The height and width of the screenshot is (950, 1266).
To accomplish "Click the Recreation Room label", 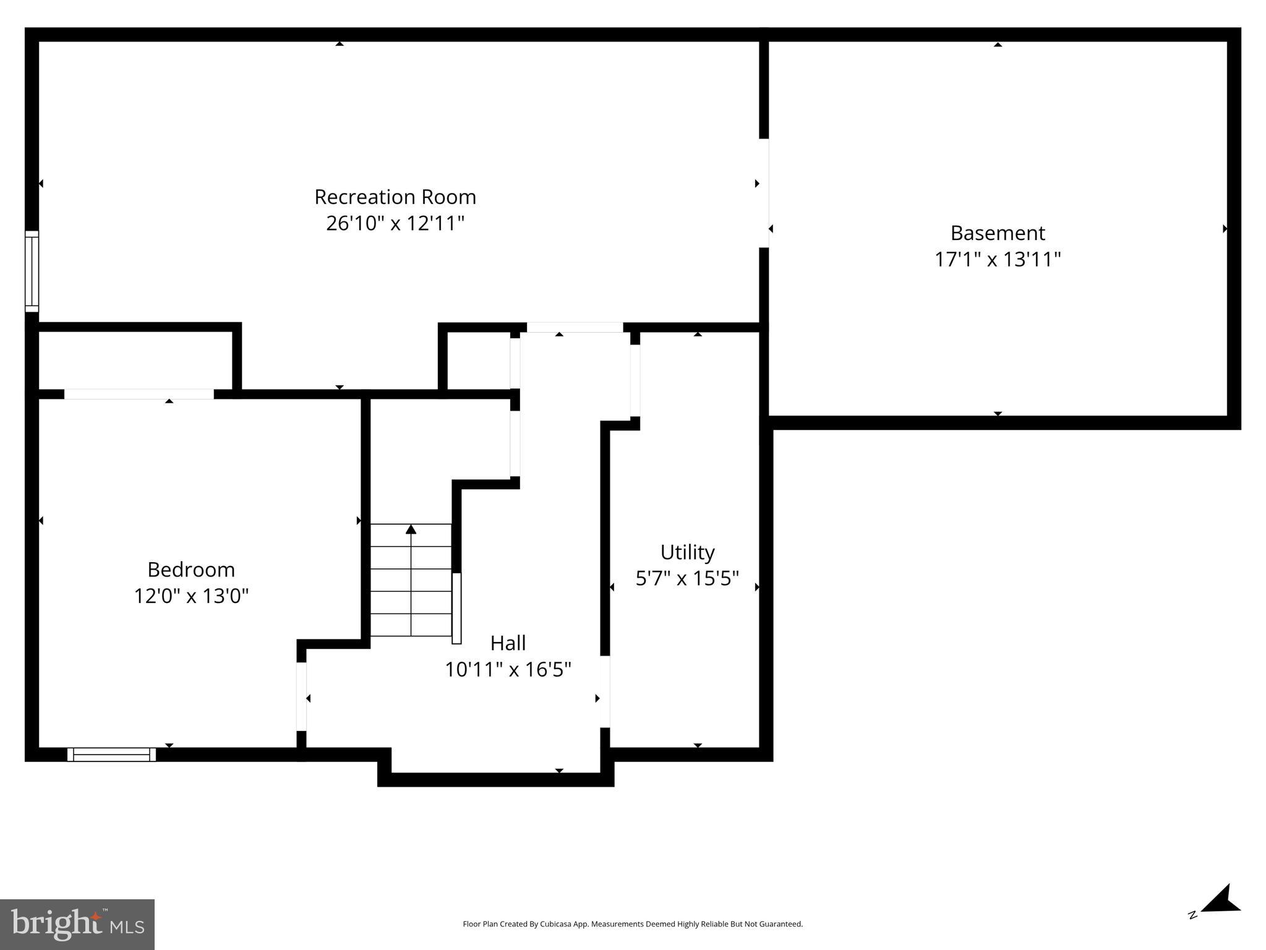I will pos(395,197).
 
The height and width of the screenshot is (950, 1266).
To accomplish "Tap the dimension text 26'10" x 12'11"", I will pos(395,223).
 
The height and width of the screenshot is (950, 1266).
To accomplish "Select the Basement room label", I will pos(997,233).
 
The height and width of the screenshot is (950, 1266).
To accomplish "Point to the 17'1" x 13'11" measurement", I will pos(997,259).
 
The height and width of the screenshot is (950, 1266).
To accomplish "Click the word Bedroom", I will pos(191,570).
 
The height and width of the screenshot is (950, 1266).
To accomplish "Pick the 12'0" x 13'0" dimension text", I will pos(191,596).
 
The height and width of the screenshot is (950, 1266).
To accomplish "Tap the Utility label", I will pos(687,552).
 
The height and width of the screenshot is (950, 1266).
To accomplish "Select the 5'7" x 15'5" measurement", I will pos(687,579).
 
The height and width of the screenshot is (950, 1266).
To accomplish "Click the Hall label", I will pos(508,643).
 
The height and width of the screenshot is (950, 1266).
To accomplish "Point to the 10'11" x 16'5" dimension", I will pos(508,670).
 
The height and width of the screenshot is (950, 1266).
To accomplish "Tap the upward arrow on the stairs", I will pos(411,530).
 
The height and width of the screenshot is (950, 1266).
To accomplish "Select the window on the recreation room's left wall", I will pos(32,272).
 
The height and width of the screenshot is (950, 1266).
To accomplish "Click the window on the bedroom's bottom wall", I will pos(111,755).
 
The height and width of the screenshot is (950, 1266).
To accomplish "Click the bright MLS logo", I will pos(77,924).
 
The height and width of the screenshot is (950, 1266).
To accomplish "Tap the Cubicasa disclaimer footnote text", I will pos(632,924).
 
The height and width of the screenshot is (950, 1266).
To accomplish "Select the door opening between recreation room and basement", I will pos(764,193).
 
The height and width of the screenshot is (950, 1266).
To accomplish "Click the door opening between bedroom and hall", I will pos(301,696).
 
